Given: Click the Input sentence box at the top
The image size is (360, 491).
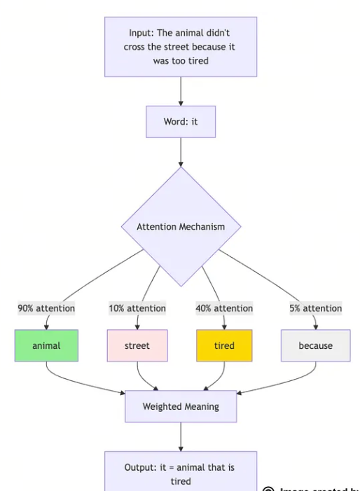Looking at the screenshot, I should (181, 46).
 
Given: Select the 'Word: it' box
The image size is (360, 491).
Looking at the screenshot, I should (181, 122).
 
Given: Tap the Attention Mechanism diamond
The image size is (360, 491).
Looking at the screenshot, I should (181, 226).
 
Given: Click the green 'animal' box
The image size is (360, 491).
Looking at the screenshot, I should (46, 345).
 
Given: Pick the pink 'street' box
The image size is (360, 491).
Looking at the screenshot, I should (137, 345).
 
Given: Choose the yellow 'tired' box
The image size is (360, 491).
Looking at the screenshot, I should (224, 345).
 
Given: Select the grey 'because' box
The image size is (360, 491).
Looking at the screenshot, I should (315, 345).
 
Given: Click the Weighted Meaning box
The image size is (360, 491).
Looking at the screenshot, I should (181, 407).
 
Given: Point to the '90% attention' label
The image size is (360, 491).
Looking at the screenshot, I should (46, 307).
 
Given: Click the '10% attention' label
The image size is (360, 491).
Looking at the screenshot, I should (137, 307).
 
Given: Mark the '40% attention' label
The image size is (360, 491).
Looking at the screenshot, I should (224, 307).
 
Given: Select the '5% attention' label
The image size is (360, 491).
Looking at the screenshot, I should (315, 307).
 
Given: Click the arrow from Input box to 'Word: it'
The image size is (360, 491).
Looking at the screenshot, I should (181, 91).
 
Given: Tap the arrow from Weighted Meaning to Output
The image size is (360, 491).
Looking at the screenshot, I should (181, 437).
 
